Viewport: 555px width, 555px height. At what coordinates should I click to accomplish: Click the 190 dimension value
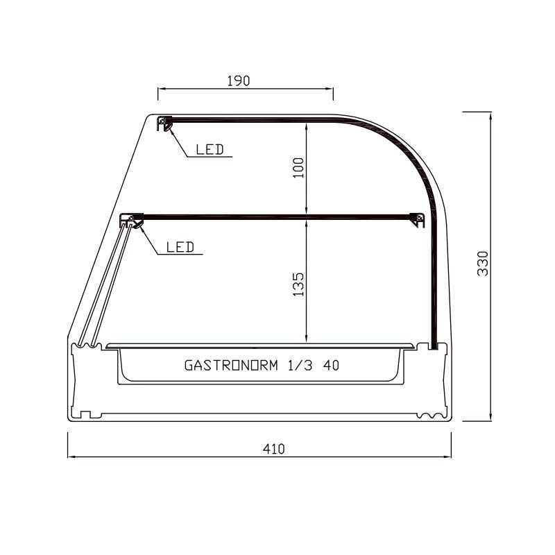pos(238,80)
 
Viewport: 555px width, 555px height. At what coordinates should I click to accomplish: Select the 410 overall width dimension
pos(274,449)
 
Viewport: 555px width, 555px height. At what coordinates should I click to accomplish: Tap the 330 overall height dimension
pos(484,264)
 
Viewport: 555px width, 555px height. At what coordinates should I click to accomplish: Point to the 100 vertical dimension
pos(299,167)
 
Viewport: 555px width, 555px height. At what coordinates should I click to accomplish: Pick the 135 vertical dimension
pos(299,284)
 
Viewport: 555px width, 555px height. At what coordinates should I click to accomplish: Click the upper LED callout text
pos(210,149)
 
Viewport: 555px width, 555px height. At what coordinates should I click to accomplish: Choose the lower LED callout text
pos(180,247)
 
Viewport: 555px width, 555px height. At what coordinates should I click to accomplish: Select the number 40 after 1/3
pos(332,365)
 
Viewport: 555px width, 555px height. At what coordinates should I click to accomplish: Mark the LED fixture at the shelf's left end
pos(132,220)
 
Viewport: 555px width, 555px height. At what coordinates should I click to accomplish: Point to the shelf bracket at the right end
pos(418,219)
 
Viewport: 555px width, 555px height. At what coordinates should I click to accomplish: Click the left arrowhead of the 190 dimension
pos(160,89)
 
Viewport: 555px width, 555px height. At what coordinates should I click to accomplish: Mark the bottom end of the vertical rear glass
pos(433,346)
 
